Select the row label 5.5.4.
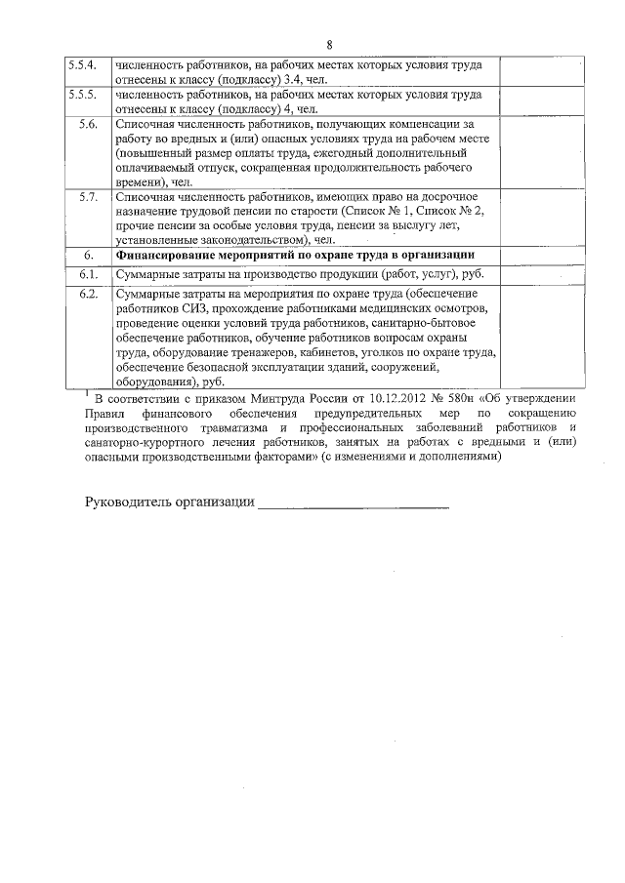coord(82,65)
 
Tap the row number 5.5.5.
coord(82,96)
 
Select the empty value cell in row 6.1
coord(542,274)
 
